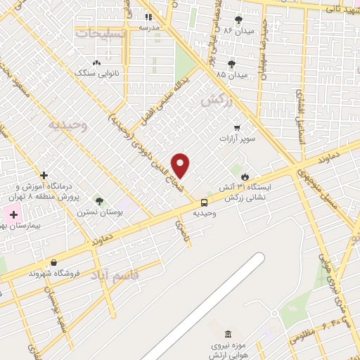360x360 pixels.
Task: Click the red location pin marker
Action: pyautogui.click(x=181, y=166)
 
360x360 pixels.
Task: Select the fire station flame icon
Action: pyautogui.click(x=245, y=176)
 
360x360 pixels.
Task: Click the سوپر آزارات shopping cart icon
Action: pyautogui.click(x=237, y=128)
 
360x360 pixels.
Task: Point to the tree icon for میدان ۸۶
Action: pyautogui.click(x=238, y=20)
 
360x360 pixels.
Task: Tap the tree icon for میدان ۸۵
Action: pyautogui.click(x=231, y=64)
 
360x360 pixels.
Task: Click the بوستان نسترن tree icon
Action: pyautogui.click(x=98, y=201)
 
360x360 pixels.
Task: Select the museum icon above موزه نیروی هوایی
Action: pyautogui.click(x=227, y=335)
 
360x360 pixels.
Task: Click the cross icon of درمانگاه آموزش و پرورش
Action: pyautogui.click(x=44, y=174)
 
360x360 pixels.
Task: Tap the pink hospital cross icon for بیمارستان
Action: pyautogui.click(x=13, y=214)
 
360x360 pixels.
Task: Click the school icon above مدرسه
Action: pyautogui.click(x=148, y=17)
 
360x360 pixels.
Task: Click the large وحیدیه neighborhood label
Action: pyautogui.click(x=67, y=125)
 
